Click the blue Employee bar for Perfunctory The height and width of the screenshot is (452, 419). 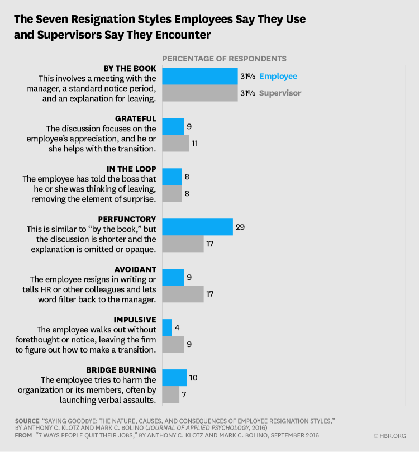coord(197,227)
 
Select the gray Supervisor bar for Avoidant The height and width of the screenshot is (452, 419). coord(183,294)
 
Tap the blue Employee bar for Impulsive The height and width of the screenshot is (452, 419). coord(167,327)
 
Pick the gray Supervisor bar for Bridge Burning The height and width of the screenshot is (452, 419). coord(170,394)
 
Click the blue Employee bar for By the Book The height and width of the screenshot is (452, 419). coord(199,76)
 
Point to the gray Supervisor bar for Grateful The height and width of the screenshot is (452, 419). coord(175,143)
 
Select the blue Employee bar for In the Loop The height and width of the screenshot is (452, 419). coord(172,177)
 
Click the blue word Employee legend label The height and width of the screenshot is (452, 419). coord(278,76)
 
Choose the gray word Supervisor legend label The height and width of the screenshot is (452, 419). coord(279,93)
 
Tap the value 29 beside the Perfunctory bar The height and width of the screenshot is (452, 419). coord(241,227)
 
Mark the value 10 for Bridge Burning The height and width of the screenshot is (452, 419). coord(193,378)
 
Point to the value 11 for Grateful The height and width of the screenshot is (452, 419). coord(196,144)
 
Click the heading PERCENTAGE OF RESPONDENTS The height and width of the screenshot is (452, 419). coord(224,58)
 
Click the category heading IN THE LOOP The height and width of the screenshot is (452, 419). coord(131,169)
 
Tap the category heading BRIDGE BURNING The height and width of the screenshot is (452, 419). coord(121,370)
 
